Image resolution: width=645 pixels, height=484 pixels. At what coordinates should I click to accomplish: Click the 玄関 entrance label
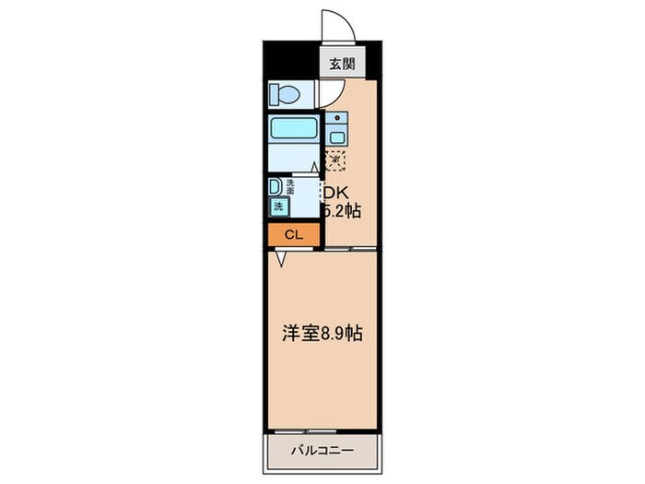337,65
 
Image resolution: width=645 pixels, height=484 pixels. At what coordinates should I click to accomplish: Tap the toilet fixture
285,94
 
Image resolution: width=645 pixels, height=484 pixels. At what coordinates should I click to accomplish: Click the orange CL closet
293,235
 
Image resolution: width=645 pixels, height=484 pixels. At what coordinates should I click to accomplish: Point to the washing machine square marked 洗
277,207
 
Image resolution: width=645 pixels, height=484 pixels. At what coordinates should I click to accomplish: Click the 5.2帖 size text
341,211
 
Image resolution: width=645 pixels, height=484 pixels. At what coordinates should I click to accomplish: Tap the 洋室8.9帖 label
321,334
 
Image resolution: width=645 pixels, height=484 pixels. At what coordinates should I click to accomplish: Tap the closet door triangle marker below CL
280,258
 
